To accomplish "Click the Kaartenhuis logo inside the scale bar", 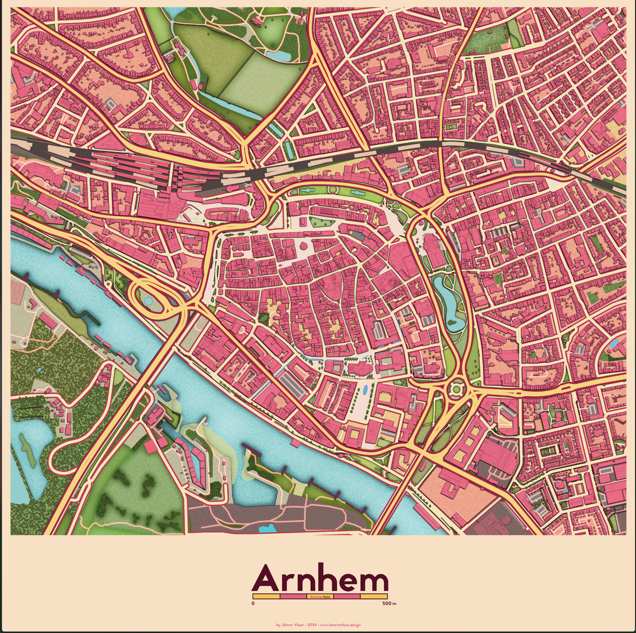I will click(x=320, y=596).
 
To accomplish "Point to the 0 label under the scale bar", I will click(x=253, y=604).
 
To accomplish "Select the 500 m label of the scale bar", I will click(x=389, y=604).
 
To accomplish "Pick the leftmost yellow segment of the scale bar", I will click(x=266, y=596).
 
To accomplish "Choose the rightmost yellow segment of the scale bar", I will click(x=374, y=596).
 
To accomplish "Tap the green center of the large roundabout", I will click(x=455, y=388).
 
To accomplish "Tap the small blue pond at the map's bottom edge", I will click(x=268, y=529).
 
